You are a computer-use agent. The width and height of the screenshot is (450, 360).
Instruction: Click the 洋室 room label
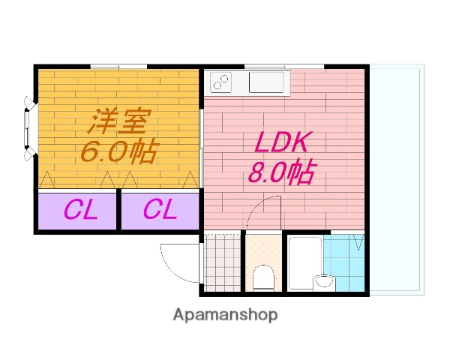pos(119,121)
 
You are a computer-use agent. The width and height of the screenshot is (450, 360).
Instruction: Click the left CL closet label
pos(81,210)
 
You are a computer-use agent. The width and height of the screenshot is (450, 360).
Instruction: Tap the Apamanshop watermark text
pos(225,315)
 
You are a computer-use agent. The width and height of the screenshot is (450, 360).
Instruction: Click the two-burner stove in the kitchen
pos(220,82)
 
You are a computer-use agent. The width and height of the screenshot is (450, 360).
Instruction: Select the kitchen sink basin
pos(266,82)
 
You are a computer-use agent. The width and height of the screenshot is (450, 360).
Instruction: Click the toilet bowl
pos(263,277)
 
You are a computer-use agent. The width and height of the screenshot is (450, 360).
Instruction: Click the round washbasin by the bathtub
pos(324,282)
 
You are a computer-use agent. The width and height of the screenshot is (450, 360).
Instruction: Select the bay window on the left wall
pos(28,128)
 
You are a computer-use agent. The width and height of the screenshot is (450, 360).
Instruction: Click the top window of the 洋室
pos(118,67)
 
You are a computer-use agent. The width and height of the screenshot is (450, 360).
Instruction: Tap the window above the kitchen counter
pos(284,67)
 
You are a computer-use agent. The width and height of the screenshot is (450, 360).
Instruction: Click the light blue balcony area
pos(397,180)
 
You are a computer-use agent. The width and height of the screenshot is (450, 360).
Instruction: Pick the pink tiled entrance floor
pos(223,262)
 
